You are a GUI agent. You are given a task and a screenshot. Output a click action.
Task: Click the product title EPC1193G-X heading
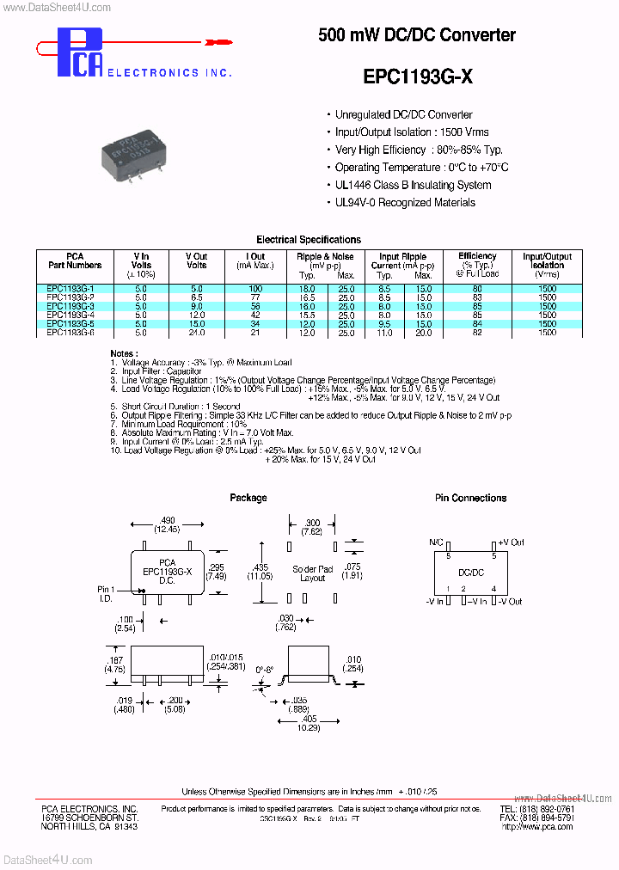click(x=417, y=77)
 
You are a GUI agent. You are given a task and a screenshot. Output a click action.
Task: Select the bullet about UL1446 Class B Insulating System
click(x=413, y=185)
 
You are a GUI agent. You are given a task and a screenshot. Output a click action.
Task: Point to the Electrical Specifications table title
click(x=309, y=240)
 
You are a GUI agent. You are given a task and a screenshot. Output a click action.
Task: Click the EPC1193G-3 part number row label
click(x=70, y=306)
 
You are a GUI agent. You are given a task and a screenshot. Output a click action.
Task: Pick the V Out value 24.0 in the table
click(x=196, y=332)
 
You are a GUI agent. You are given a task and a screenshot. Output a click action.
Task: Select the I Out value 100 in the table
click(x=255, y=289)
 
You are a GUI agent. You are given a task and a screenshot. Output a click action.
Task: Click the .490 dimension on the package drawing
click(x=167, y=520)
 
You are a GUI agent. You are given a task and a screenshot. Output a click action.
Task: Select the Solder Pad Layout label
click(x=312, y=573)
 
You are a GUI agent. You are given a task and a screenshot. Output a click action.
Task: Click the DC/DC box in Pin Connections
click(x=469, y=571)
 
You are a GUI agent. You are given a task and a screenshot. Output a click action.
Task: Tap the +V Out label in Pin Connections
click(x=511, y=543)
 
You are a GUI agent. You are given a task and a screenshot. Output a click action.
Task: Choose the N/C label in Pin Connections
click(x=436, y=543)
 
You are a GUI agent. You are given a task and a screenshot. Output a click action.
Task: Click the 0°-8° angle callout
click(x=264, y=667)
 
